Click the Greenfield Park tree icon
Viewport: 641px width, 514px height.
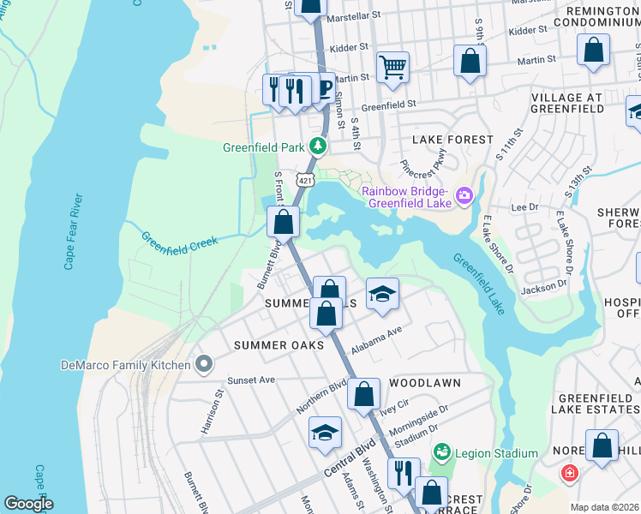(318, 146)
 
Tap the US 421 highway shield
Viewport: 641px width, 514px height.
(305, 179)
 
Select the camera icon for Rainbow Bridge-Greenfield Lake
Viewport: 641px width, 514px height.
(464, 196)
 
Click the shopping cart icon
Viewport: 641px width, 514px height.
(392, 66)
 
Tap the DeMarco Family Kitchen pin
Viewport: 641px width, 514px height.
(203, 365)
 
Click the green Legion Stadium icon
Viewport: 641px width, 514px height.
(442, 451)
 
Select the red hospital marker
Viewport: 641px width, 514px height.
(569, 473)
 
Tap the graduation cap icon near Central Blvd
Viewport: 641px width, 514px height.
(326, 433)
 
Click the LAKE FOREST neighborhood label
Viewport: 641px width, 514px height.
(452, 139)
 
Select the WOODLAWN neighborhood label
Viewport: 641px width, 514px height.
(425, 382)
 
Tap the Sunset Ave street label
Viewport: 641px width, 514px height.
(250, 380)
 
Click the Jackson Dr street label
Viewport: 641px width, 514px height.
(544, 287)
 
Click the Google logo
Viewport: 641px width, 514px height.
(28, 504)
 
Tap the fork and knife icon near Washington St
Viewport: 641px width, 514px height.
(403, 472)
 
